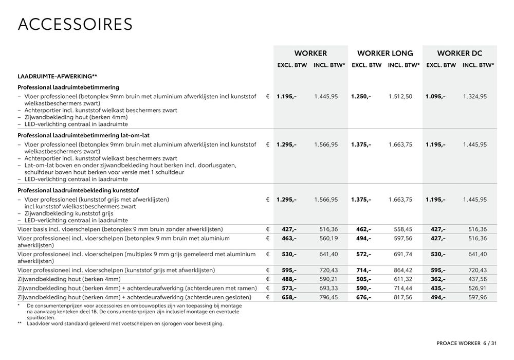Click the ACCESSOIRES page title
click(x=75, y=24)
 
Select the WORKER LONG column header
click(x=385, y=53)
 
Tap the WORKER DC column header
click(x=460, y=53)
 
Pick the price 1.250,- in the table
click(x=361, y=96)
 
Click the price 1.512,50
click(x=400, y=96)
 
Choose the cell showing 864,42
click(x=402, y=270)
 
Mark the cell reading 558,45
click(x=402, y=229)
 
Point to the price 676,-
click(x=363, y=297)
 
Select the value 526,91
click(x=477, y=288)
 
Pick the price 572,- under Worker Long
click(x=363, y=254)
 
